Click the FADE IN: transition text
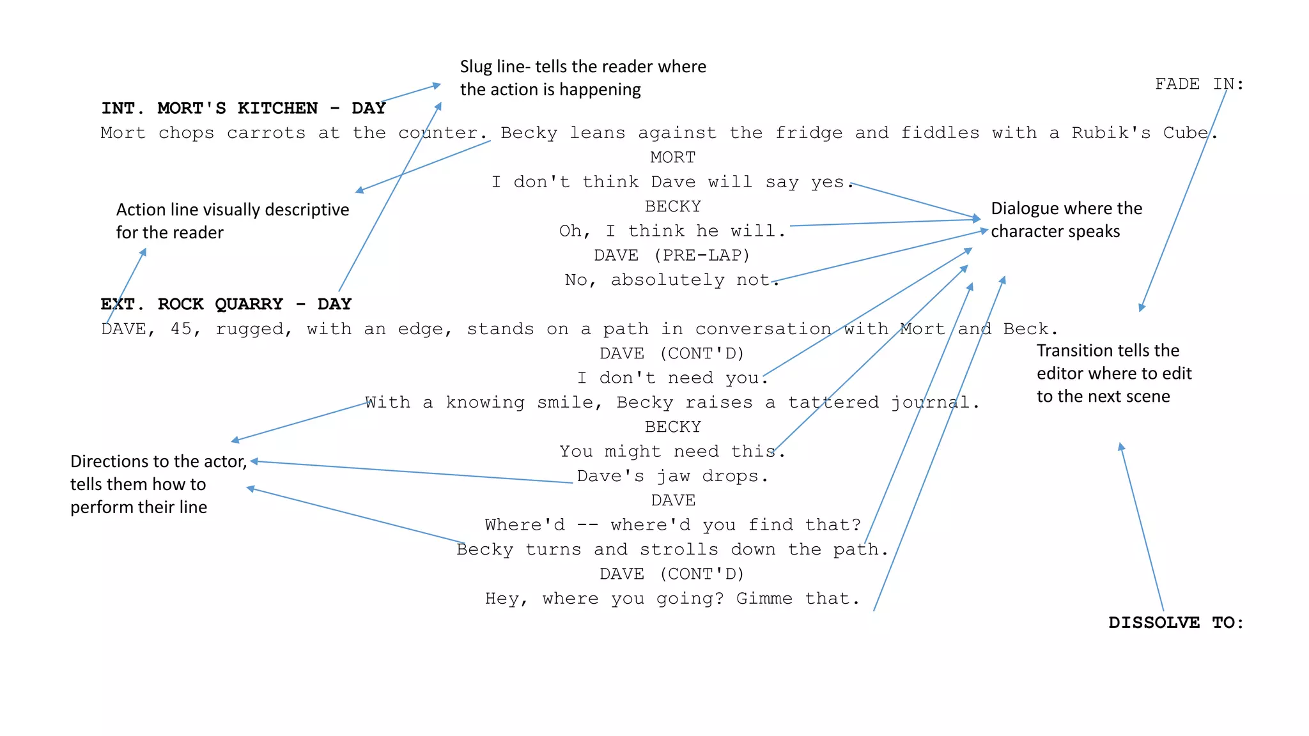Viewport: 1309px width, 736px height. click(1199, 84)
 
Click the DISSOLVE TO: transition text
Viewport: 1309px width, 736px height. click(1176, 622)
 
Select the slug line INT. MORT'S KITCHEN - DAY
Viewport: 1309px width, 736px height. click(243, 108)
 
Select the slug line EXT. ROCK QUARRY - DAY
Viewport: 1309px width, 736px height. click(226, 304)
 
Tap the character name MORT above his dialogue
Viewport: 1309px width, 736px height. click(672, 157)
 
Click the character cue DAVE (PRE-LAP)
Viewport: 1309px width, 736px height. click(671, 256)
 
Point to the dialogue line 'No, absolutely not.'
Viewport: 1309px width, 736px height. click(671, 280)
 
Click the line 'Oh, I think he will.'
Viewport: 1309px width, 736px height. click(671, 231)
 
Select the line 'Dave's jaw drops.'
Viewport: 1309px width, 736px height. click(671, 476)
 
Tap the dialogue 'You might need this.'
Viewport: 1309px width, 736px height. click(671, 451)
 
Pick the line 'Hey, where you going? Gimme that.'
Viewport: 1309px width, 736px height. click(671, 599)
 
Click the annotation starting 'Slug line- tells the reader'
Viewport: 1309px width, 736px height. click(582, 78)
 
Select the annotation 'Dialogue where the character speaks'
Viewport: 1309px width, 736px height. click(1065, 220)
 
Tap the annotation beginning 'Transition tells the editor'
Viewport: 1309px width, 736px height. click(1113, 373)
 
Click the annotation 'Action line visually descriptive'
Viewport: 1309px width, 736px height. click(232, 221)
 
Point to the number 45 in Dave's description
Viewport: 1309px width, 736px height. click(181, 329)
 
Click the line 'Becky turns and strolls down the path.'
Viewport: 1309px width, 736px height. click(671, 549)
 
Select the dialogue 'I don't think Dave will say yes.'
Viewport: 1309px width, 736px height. click(671, 182)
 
